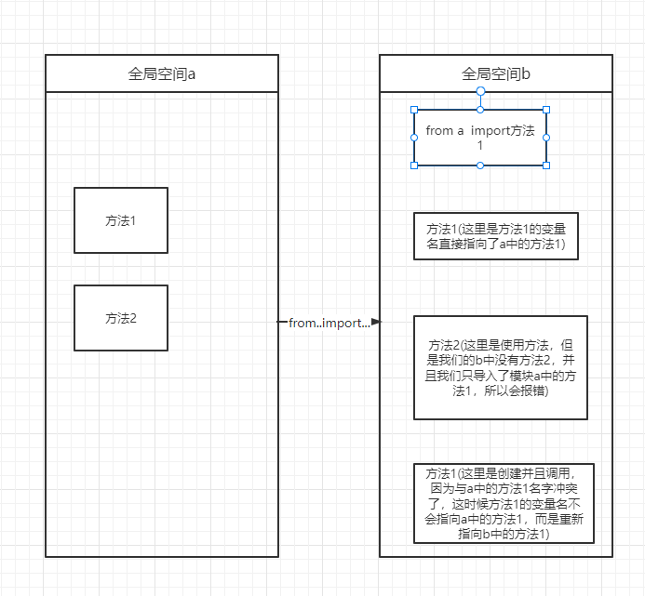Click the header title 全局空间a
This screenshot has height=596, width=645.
162,74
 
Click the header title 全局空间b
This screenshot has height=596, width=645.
496,74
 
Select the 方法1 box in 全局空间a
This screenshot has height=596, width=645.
121,220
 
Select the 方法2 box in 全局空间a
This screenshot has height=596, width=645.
121,318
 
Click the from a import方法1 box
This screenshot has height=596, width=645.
480,138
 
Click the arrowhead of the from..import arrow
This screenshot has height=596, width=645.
376,322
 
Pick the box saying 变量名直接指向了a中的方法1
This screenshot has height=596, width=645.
496,236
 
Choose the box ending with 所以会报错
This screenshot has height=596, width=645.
501,367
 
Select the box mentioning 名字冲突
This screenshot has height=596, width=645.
504,503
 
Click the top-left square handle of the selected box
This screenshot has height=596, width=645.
414,110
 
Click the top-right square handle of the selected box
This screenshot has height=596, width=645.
546,110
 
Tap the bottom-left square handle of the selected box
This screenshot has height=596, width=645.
414,166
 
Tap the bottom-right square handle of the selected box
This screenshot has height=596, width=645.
546,166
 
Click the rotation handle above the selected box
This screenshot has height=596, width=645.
480,91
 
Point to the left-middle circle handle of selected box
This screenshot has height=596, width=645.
414,138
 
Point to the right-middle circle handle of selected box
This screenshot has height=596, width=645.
546,138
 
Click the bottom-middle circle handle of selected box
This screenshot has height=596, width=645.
480,166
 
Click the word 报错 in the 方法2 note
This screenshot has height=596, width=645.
533,391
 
